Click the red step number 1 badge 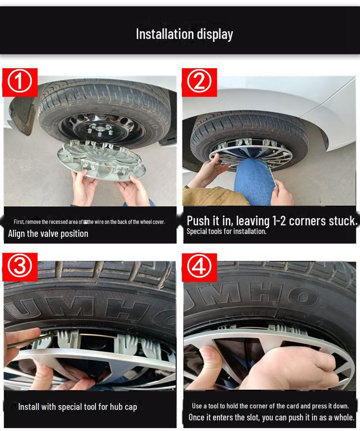coord(20,82)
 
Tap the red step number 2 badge coord(199,82)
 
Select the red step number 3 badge coord(20,267)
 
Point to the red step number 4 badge coord(199,267)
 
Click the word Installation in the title coord(165,34)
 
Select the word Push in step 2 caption coord(197,221)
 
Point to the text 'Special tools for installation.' coord(227,232)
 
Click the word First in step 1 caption coord(19,222)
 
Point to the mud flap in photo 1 coord(22,115)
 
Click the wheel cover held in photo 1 coord(101,161)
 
